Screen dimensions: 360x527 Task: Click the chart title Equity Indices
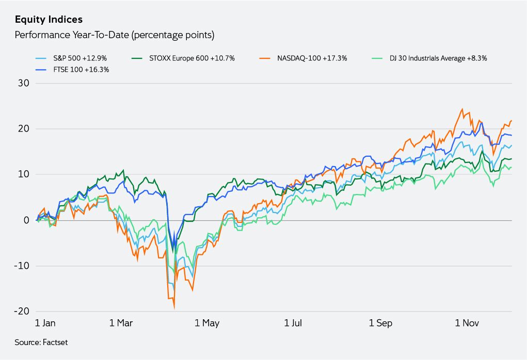click(49, 20)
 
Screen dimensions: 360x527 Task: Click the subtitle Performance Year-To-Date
click(114, 36)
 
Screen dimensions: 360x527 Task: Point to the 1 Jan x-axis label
click(45, 323)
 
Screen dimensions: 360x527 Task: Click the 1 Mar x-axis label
click(121, 323)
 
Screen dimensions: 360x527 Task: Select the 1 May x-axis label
click(207, 323)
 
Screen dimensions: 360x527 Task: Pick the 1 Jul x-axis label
click(293, 323)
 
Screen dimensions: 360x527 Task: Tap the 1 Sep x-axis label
click(380, 323)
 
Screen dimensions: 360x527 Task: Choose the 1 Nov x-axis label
click(467, 323)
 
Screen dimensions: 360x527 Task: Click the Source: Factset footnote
click(41, 342)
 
